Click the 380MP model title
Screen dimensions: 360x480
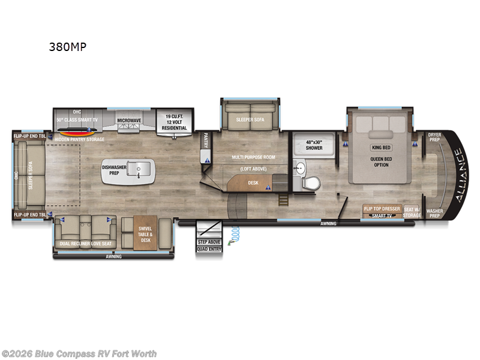click(x=68, y=47)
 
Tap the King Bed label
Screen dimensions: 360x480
click(x=381, y=147)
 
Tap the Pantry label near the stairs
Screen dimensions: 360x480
click(x=205, y=139)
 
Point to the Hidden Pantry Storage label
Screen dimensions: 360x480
click(x=79, y=139)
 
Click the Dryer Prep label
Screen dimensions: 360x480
click(x=435, y=137)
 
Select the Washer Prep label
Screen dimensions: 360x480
click(x=435, y=214)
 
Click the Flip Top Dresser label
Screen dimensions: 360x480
click(x=382, y=209)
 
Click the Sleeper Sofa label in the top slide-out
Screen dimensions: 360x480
click(x=249, y=119)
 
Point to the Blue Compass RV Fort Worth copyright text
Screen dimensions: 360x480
click(x=79, y=353)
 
